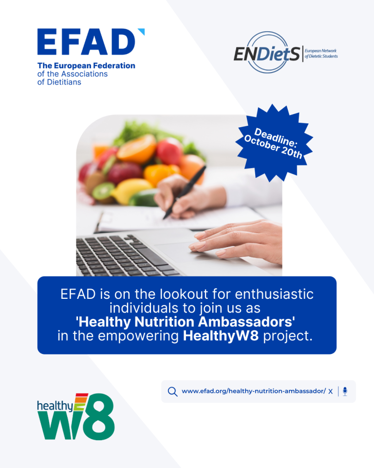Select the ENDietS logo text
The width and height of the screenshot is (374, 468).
[x=266, y=54]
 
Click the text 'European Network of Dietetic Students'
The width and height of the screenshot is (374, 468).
[x=321, y=54]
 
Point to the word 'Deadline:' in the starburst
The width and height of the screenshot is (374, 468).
[x=276, y=137]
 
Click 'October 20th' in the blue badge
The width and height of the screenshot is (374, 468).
[x=273, y=147]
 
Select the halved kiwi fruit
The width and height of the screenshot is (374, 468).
[x=103, y=191]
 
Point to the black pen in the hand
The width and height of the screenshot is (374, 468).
[x=184, y=192]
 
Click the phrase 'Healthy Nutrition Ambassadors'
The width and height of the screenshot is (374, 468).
[x=186, y=322]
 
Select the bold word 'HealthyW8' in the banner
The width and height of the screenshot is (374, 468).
[x=221, y=336]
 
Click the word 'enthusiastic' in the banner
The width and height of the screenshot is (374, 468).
[x=274, y=294]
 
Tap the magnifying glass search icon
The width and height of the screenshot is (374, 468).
[x=172, y=391]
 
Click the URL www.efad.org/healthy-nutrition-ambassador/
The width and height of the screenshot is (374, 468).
[x=254, y=391]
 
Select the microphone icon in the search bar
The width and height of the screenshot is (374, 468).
[x=345, y=391]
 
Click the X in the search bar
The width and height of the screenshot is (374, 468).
[x=331, y=391]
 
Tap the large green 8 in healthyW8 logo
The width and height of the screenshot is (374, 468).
[x=99, y=417]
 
